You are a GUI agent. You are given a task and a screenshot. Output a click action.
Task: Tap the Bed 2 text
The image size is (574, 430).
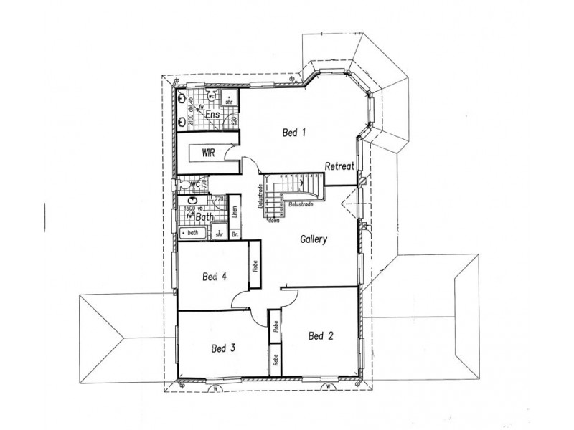click(x=320, y=335)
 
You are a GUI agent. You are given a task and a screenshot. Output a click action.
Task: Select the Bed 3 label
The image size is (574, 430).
click(x=224, y=348)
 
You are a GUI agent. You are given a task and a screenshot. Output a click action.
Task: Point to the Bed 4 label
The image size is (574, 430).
click(x=214, y=277)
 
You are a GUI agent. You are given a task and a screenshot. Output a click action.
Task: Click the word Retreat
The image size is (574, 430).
click(x=340, y=166)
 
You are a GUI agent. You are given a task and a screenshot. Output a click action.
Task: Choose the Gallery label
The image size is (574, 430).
click(x=314, y=239)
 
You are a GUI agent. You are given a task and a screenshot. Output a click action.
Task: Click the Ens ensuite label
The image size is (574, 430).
click(x=212, y=115)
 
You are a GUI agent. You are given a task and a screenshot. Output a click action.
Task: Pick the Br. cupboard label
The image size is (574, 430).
click(x=234, y=234)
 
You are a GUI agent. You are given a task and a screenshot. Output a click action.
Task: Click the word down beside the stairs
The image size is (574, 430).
click(x=274, y=221)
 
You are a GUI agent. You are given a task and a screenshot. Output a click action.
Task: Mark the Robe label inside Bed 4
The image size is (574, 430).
click(x=255, y=266)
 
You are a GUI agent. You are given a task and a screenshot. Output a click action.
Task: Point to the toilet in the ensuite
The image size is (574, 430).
click(x=212, y=95)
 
